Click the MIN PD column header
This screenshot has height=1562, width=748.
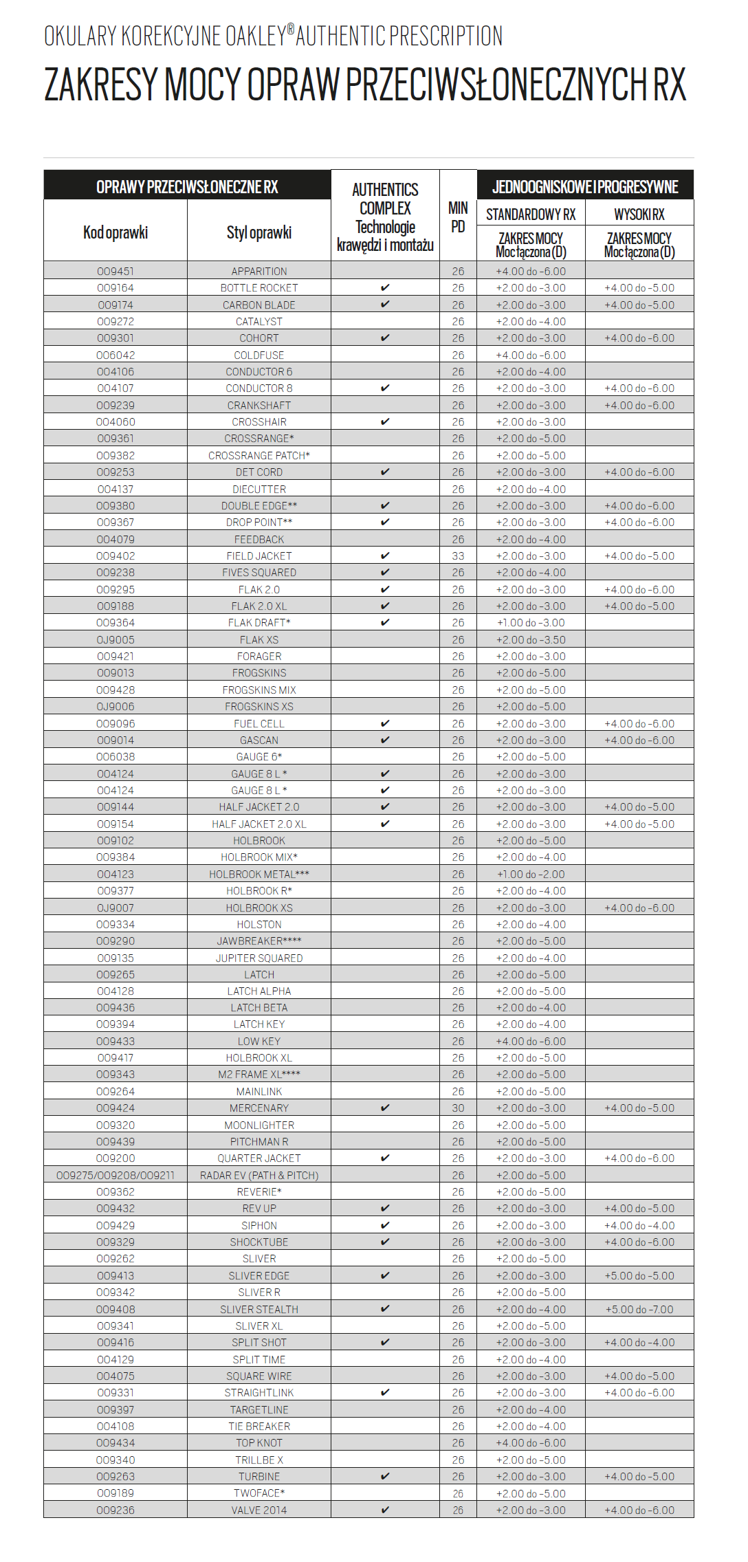(458, 217)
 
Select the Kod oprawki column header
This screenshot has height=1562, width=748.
(115, 232)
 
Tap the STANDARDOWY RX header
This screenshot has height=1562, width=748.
(531, 214)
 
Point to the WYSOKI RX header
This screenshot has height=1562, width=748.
(639, 214)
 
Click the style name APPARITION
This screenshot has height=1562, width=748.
(259, 272)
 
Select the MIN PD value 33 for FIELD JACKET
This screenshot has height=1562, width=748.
(458, 556)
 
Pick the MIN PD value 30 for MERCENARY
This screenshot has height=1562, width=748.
(458, 1108)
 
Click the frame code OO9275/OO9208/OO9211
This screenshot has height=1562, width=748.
(115, 1176)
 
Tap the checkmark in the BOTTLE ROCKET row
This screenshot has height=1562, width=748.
(385, 288)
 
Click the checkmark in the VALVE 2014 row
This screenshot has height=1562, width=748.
(385, 1510)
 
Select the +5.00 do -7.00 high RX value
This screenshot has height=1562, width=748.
(639, 1310)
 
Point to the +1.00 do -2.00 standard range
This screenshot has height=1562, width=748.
(531, 874)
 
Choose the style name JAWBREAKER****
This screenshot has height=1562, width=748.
(259, 941)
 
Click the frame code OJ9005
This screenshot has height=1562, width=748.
(115, 640)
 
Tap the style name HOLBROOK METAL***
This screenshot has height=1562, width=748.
(259, 874)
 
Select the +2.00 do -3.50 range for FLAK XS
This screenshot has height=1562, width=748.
(531, 640)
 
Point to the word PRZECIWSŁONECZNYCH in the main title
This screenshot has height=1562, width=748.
(495, 85)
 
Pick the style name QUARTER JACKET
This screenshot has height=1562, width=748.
(259, 1158)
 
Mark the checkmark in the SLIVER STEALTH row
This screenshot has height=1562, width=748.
(385, 1310)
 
